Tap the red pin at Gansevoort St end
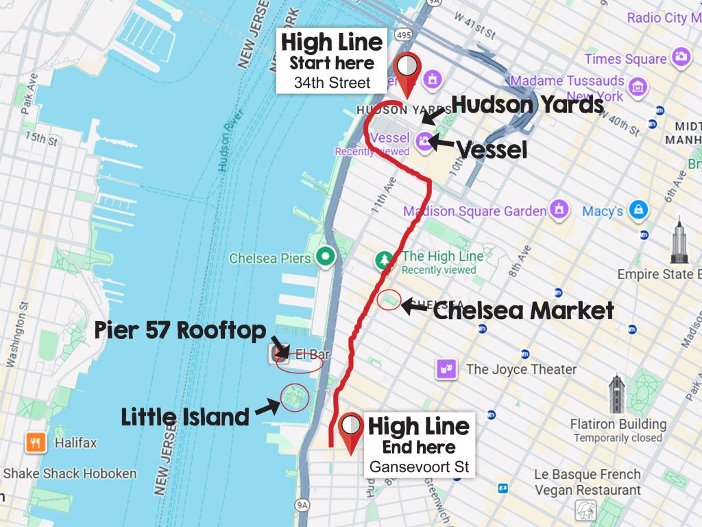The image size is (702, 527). tap(352, 431)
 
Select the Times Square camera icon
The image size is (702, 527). tap(681, 57)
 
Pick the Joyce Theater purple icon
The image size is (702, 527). tap(446, 369)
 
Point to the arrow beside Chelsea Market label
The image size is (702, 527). tap(413, 307)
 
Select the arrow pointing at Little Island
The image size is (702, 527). tap(267, 409)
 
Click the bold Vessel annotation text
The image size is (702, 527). tap(492, 150)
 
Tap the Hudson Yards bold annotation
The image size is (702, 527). tap(527, 104)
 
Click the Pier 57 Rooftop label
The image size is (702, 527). tap(180, 331)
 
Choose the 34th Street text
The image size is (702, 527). tap(332, 83)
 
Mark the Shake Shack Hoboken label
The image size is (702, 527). tap(70, 473)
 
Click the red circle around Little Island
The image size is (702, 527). tap(295, 397)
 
